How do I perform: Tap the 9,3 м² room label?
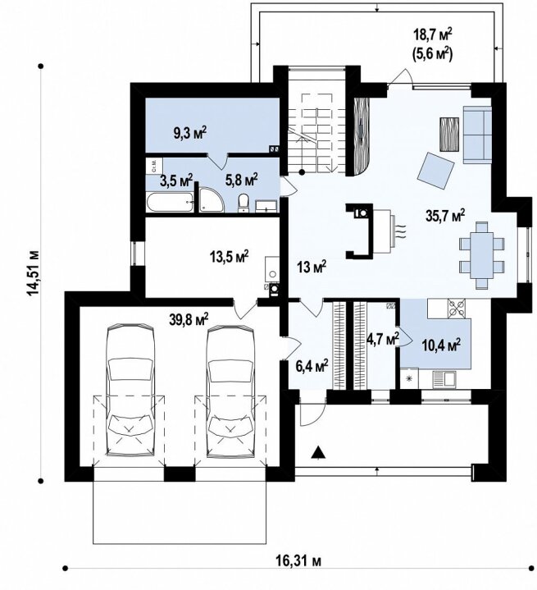(191, 133)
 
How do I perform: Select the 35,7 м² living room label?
(445, 216)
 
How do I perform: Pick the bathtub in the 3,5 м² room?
(170, 203)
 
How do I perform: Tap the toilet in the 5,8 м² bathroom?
(243, 203)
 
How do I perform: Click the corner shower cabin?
(212, 199)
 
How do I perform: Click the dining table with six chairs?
(481, 256)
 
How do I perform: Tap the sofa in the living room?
(477, 135)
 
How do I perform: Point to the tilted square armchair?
(435, 171)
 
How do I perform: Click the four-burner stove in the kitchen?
(457, 309)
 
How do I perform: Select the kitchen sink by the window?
(444, 378)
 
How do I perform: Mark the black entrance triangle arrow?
(319, 452)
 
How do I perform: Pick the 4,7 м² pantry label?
(382, 339)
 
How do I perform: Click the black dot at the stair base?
(302, 172)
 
